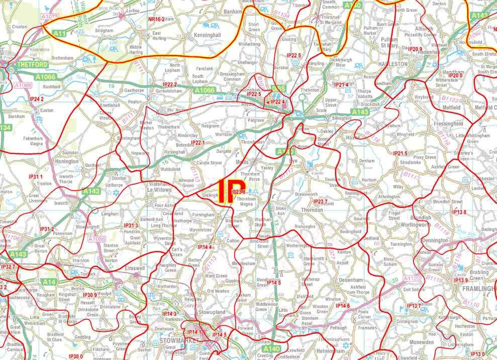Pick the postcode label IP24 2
(x=37, y=99)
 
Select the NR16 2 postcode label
(x=156, y=19)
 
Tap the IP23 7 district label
(x=320, y=202)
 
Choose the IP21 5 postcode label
(x=400, y=153)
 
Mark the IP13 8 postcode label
(x=459, y=212)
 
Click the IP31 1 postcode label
(x=36, y=177)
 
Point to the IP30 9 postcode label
(x=89, y=295)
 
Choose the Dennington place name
(x=434, y=241)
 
